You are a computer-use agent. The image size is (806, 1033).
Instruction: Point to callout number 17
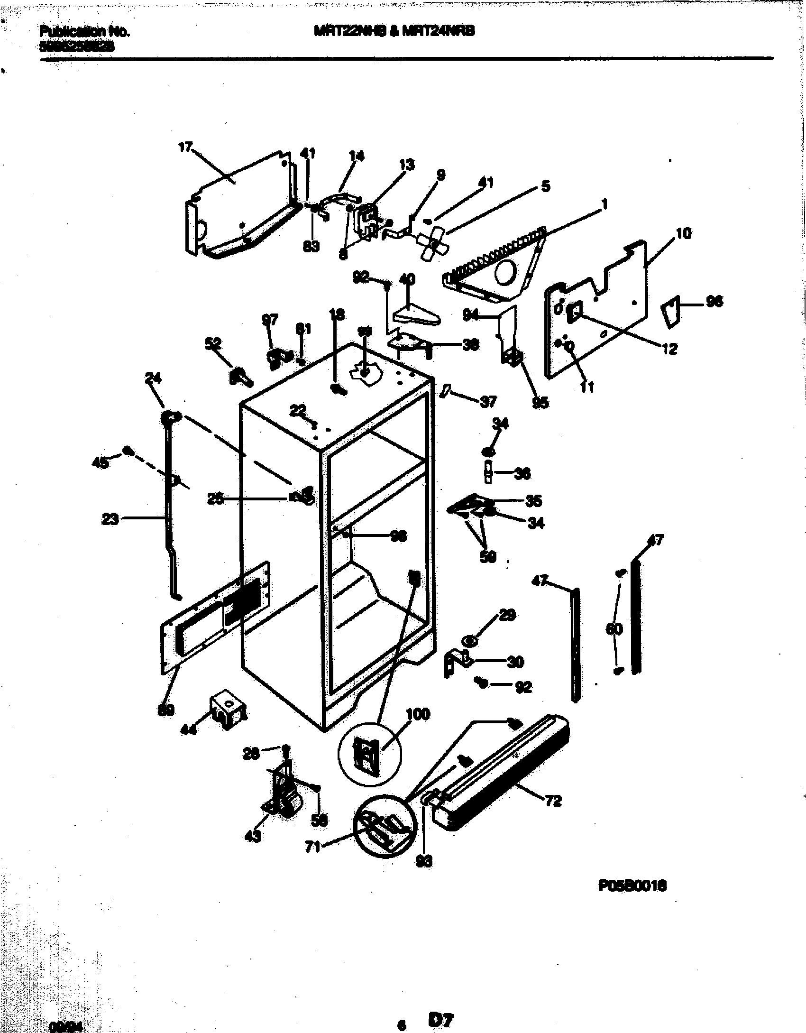[x=185, y=147]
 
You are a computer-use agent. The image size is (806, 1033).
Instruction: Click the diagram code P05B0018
[x=632, y=886]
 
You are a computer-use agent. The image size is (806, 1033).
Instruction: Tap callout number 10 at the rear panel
[x=684, y=233]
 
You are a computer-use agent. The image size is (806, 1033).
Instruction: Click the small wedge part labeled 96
[x=670, y=311]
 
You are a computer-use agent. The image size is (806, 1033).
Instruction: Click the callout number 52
[x=213, y=343]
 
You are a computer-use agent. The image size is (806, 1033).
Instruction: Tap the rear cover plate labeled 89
[x=213, y=617]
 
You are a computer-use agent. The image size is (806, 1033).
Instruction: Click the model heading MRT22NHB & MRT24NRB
[x=394, y=31]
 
